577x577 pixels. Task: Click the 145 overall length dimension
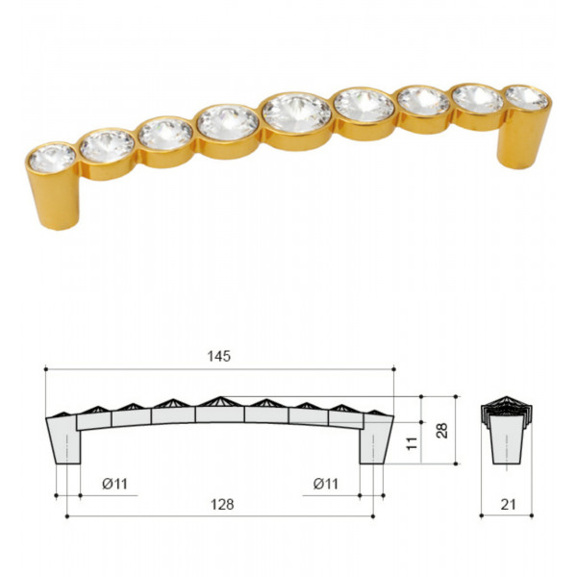(219, 356)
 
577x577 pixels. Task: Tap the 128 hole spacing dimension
(222, 505)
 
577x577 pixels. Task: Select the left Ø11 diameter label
(114, 484)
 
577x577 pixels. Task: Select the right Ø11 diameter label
(326, 484)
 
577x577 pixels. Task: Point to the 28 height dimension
(442, 431)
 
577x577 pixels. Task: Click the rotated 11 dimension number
(413, 443)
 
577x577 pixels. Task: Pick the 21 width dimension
(508, 505)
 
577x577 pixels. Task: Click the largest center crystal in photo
(296, 113)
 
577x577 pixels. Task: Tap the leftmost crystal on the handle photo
(52, 159)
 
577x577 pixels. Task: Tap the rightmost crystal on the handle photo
(527, 98)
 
